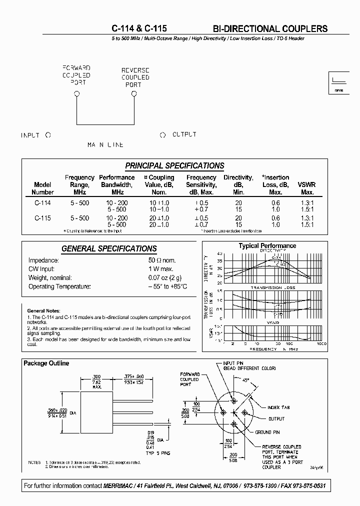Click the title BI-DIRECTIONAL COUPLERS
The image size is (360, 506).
click(267, 28)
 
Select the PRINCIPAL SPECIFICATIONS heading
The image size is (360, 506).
click(174, 166)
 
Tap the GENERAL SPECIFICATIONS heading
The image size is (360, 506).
click(109, 248)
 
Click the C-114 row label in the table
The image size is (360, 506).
click(42, 203)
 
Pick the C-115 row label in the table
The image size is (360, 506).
click(42, 218)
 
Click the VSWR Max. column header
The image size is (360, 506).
click(307, 184)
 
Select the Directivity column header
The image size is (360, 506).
click(238, 184)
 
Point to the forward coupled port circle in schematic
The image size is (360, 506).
click(76, 93)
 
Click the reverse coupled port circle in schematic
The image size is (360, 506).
click(133, 93)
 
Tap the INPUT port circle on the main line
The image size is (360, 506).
click(48, 135)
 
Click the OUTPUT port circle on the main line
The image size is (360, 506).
click(162, 135)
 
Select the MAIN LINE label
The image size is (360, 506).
click(105, 145)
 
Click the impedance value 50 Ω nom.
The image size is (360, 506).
click(162, 260)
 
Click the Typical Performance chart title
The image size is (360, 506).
click(267, 245)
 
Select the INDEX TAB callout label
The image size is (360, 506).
click(278, 407)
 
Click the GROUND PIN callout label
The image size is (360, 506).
click(271, 432)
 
